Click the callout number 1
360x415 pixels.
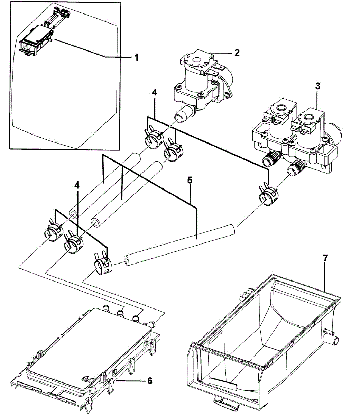[136, 57]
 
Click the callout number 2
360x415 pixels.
[237, 53]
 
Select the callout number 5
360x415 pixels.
[189, 181]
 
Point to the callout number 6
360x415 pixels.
[149, 381]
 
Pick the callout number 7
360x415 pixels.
[325, 258]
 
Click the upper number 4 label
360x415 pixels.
[154, 93]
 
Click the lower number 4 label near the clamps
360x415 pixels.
[77, 185]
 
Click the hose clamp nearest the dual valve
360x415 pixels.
[267, 195]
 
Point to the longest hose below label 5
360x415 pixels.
[180, 246]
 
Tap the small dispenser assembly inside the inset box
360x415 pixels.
[36, 40]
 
